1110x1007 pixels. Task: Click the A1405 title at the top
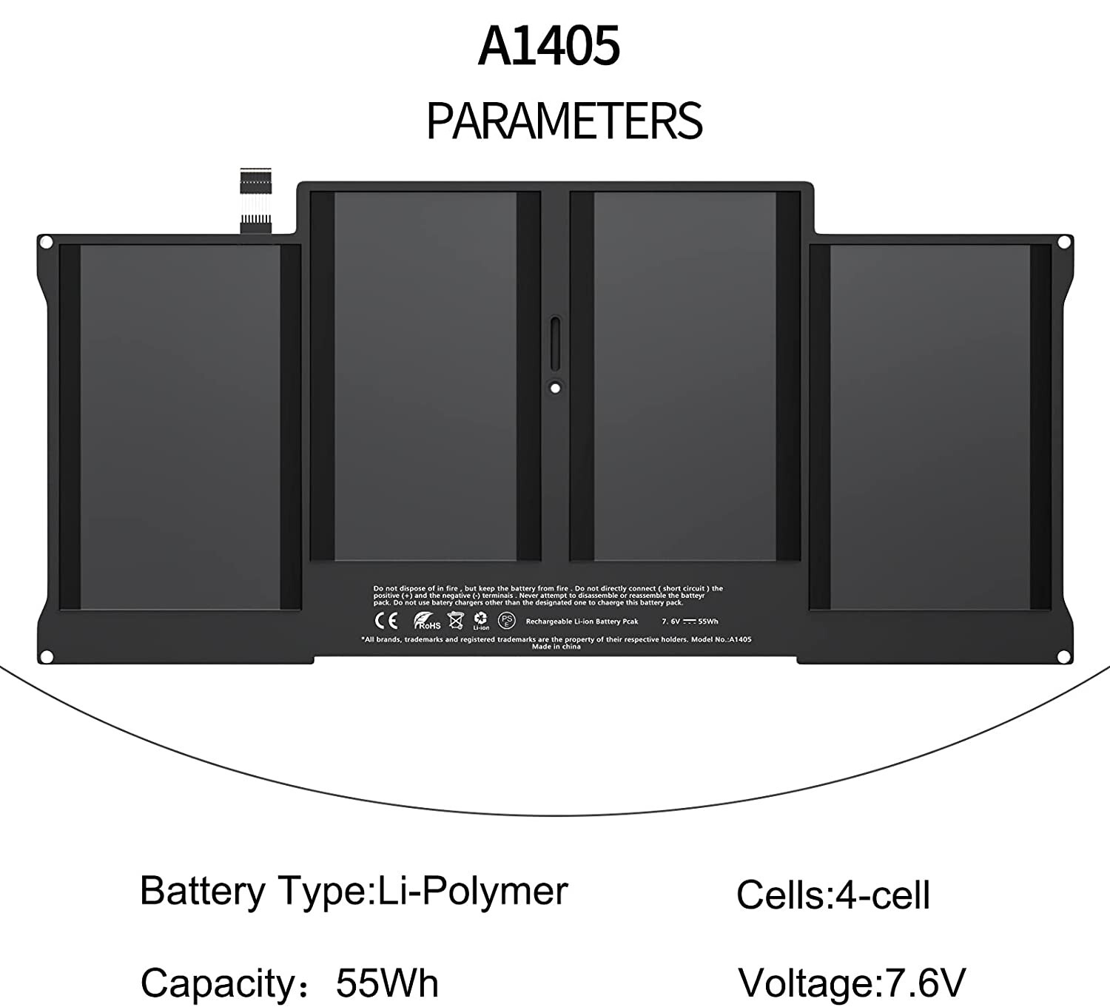coord(548,46)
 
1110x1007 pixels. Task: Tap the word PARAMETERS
coord(564,121)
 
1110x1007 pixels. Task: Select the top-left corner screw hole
coord(46,242)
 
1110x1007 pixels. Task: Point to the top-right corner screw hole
coord(1064,242)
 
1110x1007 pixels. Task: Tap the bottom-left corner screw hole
coord(46,656)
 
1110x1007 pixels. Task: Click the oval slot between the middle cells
coord(555,338)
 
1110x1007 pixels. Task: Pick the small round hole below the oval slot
coord(555,386)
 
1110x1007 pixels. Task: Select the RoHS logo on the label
coord(427,622)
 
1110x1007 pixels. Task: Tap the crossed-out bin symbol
coord(456,621)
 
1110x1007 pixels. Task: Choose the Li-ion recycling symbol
coord(481,621)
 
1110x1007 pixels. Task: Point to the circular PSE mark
coord(507,620)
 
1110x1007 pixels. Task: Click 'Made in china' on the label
coord(556,647)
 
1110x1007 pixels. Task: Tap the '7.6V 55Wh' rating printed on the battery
coord(690,622)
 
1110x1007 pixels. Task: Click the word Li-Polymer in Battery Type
coord(473,890)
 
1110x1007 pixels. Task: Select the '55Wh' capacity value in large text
coord(387,983)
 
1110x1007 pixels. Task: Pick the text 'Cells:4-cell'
coord(832,895)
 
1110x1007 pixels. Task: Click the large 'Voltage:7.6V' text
coord(852,983)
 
